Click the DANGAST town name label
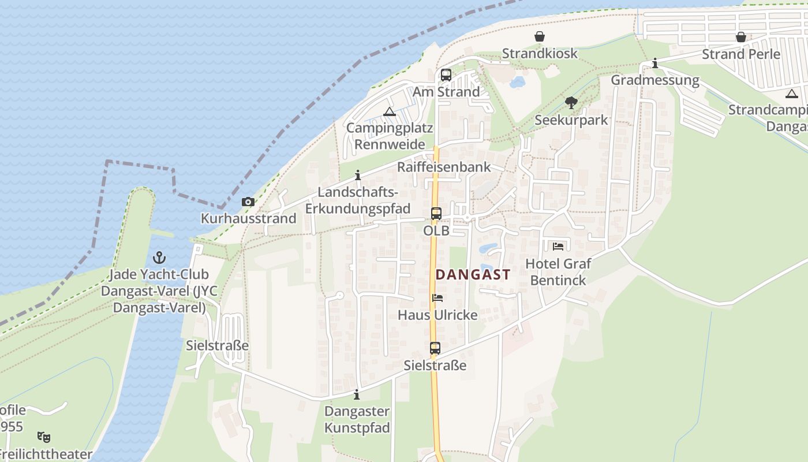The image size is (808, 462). click(473, 275)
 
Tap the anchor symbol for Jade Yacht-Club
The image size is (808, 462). click(159, 257)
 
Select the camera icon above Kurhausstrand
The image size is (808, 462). click(248, 202)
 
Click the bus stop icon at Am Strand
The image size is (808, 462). click(446, 75)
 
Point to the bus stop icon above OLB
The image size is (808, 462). click(436, 214)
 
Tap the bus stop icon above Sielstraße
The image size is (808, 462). click(435, 348)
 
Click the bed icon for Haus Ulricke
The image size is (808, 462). click(437, 298)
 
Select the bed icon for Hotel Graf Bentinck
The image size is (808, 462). click(558, 246)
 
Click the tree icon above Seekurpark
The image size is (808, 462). click(571, 103)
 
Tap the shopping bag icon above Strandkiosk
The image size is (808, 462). click(539, 37)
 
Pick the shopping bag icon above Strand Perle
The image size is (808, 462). click(740, 38)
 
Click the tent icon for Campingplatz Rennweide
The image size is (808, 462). click(389, 111)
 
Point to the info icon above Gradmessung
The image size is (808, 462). click(654, 63)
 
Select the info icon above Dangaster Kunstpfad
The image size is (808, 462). click(357, 395)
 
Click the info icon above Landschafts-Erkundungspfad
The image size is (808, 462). click(358, 175)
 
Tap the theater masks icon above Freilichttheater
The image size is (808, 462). click(43, 437)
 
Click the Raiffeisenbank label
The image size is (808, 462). click(443, 167)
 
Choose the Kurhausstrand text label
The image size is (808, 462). click(248, 218)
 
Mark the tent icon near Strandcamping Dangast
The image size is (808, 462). click(791, 94)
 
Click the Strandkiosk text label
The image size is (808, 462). click(539, 54)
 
